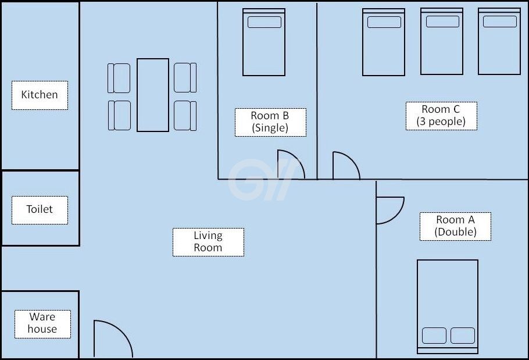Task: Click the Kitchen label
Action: point(40,95)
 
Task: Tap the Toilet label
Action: point(40,210)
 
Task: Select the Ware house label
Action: point(42,324)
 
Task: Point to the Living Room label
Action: point(208,242)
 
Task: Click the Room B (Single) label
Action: point(270,122)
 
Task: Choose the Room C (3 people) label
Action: point(441,116)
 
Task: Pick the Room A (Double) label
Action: point(455,226)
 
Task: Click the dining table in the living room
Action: point(153,95)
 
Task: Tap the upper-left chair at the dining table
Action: point(119,78)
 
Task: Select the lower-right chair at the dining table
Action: point(185,116)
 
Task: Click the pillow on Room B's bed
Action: point(264,22)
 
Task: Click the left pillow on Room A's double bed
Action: point(434,336)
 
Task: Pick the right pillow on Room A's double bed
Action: point(463,336)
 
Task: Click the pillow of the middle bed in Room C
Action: point(442,22)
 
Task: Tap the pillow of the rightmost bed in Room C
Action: point(500,22)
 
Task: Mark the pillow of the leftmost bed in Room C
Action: point(384,22)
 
